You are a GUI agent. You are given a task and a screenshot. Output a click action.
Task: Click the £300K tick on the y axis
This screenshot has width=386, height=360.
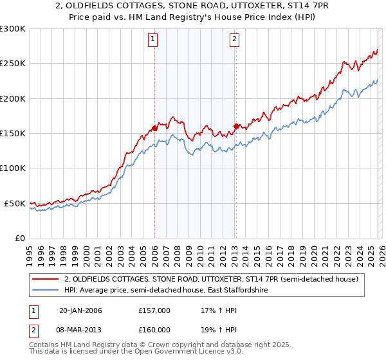point(13,29)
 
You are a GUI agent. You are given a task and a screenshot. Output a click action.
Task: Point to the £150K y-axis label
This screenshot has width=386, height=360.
point(13,133)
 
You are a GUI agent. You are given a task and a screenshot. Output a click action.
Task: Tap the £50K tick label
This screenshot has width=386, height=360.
point(15,203)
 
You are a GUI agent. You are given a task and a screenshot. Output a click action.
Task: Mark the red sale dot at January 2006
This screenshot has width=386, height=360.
point(154,129)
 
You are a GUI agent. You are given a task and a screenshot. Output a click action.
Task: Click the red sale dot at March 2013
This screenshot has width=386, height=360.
point(236,127)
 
